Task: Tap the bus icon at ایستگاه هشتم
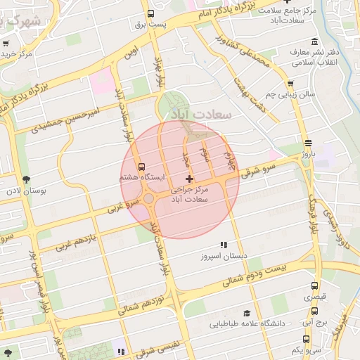[x=142, y=167]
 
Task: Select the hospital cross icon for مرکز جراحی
[x=189, y=179]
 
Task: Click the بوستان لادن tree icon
[x=27, y=180]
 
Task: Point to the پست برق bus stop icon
[x=150, y=13]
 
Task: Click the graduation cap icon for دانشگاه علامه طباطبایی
[x=246, y=313]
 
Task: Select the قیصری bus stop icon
[x=314, y=286]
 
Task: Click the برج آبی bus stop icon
[x=314, y=310]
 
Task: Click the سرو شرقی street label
[x=256, y=170]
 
